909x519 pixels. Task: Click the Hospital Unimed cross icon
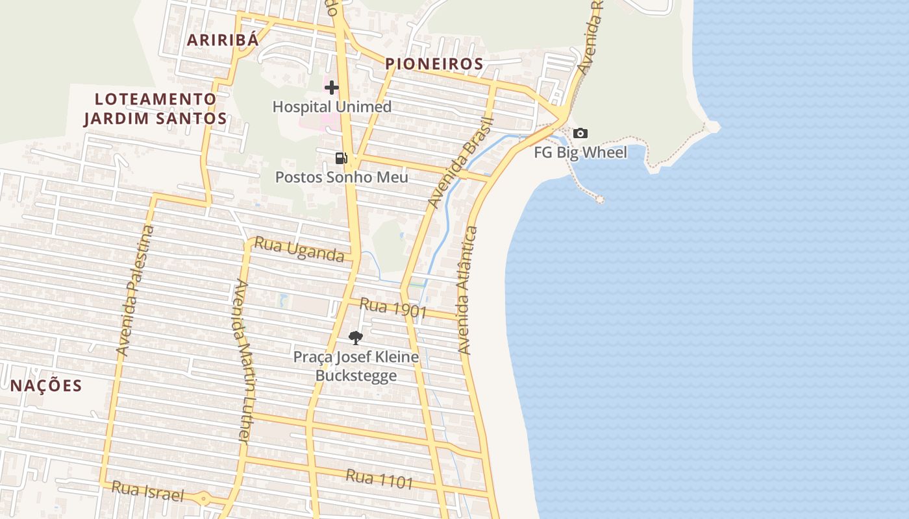[x=332, y=88]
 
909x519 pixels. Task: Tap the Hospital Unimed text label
[x=332, y=106]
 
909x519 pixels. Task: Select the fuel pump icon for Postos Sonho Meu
[x=342, y=158]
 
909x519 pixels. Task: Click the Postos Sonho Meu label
[x=342, y=177]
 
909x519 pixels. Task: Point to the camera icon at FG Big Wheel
[x=580, y=134]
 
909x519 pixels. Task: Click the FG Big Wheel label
[x=580, y=152]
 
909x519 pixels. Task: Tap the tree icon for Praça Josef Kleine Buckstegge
[x=355, y=337]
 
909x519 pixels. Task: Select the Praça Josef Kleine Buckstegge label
[x=356, y=366]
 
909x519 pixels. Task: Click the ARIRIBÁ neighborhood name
[x=223, y=40]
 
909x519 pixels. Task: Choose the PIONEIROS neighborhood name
[x=434, y=64]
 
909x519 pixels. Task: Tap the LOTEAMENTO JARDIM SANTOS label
[x=155, y=108]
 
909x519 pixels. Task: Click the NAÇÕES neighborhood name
[x=46, y=385]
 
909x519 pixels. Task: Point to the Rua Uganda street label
[x=299, y=250]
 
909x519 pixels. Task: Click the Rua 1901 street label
[x=393, y=308]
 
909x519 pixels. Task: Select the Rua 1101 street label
[x=379, y=479]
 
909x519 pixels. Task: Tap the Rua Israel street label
[x=147, y=491]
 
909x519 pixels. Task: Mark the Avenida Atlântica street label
[x=467, y=290]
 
